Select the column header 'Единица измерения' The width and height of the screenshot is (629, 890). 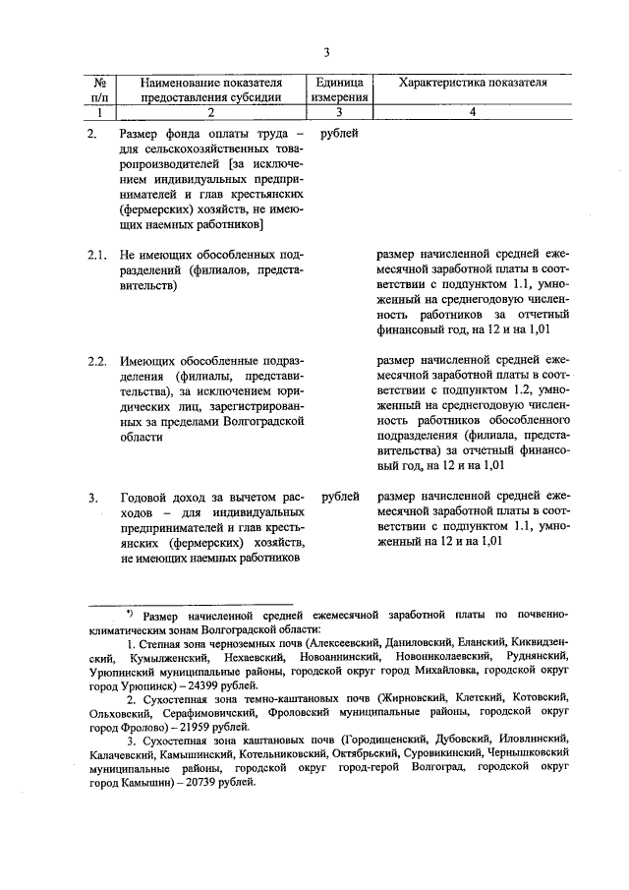[339, 89]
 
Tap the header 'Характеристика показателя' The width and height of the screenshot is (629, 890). [473, 83]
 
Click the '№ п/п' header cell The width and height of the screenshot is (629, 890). [98, 89]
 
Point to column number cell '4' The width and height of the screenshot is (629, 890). [473, 113]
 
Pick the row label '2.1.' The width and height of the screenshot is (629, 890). [95, 255]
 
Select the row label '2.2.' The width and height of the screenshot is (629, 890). [95, 361]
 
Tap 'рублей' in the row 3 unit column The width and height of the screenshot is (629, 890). [339, 497]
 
